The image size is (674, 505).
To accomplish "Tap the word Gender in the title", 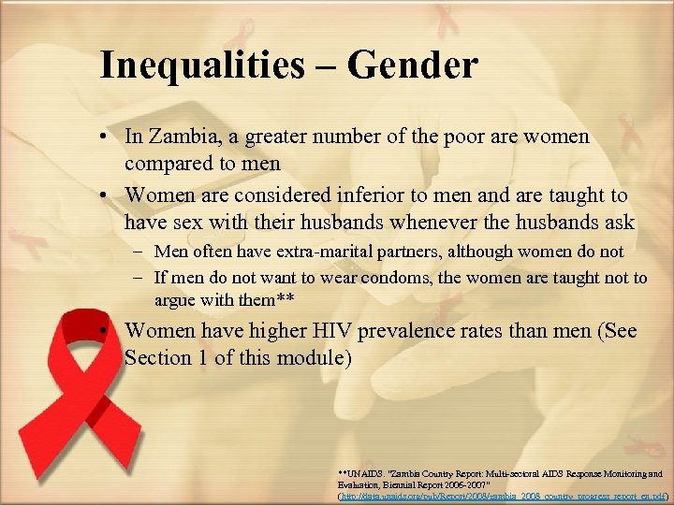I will [412, 65].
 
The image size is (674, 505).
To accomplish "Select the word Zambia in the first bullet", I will [180, 137].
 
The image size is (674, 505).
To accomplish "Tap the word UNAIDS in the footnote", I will [367, 474].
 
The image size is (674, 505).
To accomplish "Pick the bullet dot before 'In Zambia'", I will [110, 137].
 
